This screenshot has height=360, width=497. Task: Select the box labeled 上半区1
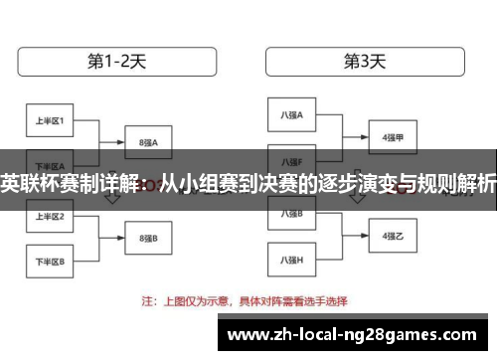[x=50, y=121]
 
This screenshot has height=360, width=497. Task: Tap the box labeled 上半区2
[x=50, y=216]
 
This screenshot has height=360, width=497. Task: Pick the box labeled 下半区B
[x=50, y=262]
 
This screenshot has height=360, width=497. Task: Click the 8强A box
[x=148, y=142]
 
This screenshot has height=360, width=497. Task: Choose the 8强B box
[x=148, y=238]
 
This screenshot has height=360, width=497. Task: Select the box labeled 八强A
[x=291, y=115]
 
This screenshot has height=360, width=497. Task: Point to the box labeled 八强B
[x=291, y=213]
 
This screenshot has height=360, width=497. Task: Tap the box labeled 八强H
[x=291, y=260]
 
